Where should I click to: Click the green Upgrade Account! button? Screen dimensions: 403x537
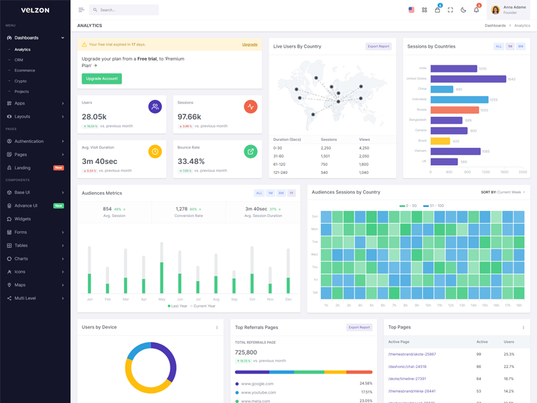click(102, 79)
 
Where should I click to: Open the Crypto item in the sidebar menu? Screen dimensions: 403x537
click(21, 81)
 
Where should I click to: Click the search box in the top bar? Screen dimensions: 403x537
click(124, 10)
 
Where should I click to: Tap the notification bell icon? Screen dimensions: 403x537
click(477, 10)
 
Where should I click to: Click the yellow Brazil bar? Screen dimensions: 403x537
click(440, 141)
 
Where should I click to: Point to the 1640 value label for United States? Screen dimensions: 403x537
click(511, 79)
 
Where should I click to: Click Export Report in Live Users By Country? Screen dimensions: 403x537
click(379, 46)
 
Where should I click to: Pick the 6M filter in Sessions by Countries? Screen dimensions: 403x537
click(521, 46)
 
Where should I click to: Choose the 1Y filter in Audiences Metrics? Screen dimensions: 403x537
click(291, 193)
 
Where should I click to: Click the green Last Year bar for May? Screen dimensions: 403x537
click(162, 278)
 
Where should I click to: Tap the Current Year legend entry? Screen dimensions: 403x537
click(203, 306)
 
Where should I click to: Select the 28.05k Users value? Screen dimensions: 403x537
click(94, 117)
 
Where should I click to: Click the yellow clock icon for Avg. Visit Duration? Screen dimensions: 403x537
click(155, 151)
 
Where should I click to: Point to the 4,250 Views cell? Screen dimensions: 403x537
click(364, 148)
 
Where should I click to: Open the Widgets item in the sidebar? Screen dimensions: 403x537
click(23, 219)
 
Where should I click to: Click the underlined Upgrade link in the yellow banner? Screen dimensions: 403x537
click(250, 44)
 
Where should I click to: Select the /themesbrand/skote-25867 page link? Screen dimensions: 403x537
click(412, 354)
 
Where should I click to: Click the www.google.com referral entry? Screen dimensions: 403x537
click(257, 384)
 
